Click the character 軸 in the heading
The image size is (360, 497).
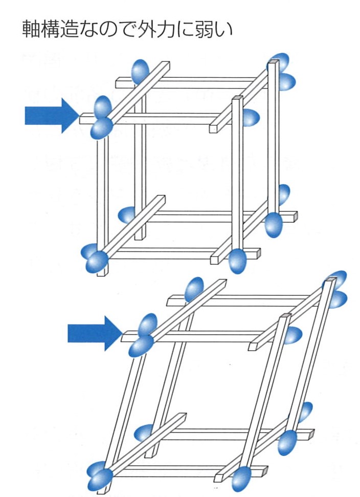pos(31,29)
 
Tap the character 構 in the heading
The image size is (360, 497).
pos(51,29)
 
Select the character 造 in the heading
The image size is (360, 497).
pos(70,29)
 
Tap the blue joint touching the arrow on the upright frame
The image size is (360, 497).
pos(102,118)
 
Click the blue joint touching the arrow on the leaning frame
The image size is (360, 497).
pos(142,335)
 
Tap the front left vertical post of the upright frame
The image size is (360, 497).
pos(101,203)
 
